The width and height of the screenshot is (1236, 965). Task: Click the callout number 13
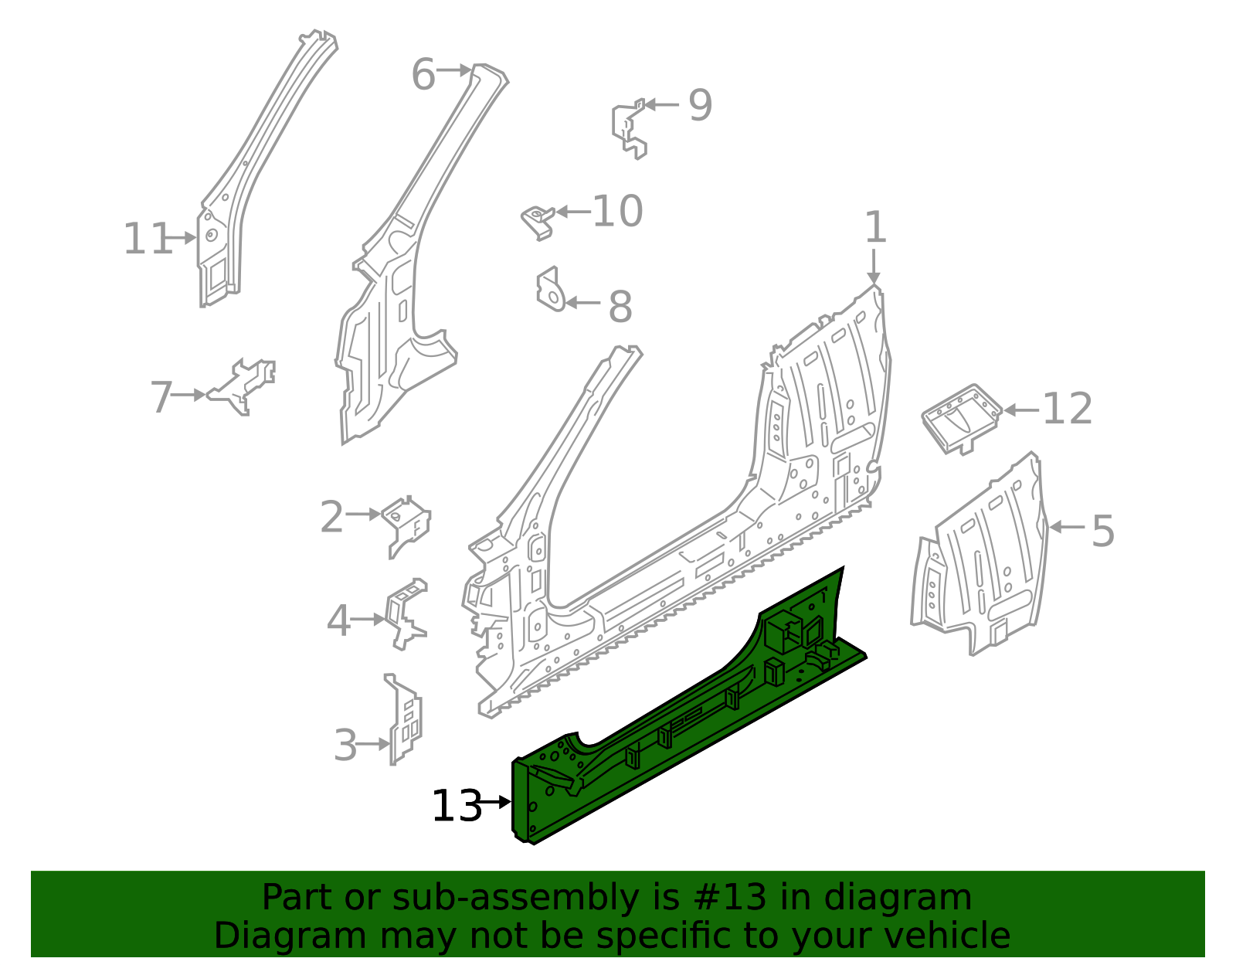coord(455,807)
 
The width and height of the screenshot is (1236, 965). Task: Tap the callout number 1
coord(874,229)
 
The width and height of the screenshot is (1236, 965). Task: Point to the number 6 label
coord(423,75)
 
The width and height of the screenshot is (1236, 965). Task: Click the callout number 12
coord(1067,409)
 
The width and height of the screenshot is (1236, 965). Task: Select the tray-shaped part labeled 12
coord(961,417)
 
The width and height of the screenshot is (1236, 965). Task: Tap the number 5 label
coord(1103,532)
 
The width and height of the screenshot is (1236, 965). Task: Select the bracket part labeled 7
coord(243,386)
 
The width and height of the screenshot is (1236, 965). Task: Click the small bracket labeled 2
coord(407,522)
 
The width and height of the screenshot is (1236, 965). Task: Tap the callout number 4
coord(338,621)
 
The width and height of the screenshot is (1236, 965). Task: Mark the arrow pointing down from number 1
coord(874,267)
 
